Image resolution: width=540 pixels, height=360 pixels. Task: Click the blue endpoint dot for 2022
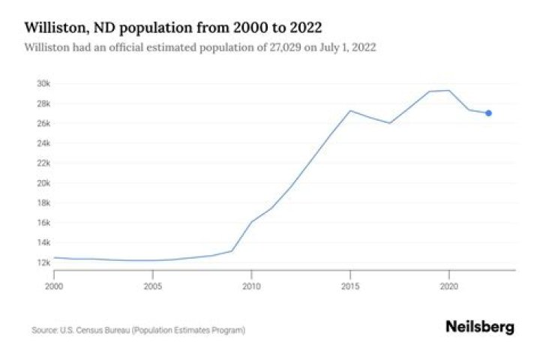[x=488, y=113]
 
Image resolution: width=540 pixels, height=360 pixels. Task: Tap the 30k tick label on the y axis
[x=43, y=83]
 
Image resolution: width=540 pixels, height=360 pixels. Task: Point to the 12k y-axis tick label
[x=43, y=262]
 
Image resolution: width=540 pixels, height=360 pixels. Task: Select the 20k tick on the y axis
[x=43, y=183]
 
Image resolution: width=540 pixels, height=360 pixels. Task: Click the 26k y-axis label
[x=43, y=123]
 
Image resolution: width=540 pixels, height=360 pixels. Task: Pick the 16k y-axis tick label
[x=43, y=223]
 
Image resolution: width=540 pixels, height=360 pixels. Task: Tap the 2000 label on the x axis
[x=54, y=286]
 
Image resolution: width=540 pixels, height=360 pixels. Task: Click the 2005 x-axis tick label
[x=153, y=286]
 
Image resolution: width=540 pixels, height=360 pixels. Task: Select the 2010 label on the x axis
[x=251, y=286]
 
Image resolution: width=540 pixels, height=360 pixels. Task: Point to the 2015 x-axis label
[x=350, y=286]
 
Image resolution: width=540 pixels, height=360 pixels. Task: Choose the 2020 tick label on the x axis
[x=448, y=286]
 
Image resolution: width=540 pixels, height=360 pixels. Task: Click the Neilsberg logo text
[x=480, y=327]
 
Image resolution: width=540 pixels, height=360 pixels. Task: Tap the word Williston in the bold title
[x=53, y=28]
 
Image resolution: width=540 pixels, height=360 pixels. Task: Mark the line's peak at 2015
[x=350, y=110]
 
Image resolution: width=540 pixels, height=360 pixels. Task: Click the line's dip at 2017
[x=390, y=123]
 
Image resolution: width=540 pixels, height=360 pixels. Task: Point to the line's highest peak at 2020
[x=448, y=91]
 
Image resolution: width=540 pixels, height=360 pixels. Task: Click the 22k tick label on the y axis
[x=43, y=163]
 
